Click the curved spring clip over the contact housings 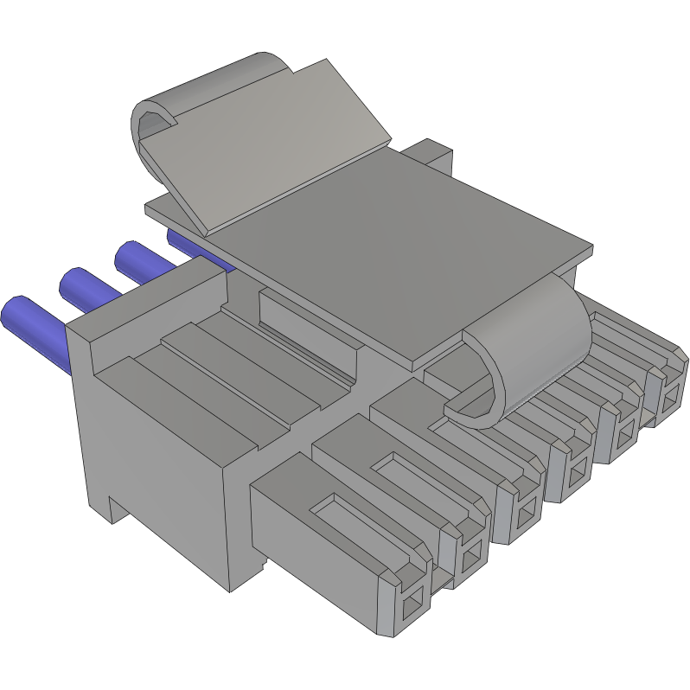(519, 346)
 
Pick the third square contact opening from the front (526, 515)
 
